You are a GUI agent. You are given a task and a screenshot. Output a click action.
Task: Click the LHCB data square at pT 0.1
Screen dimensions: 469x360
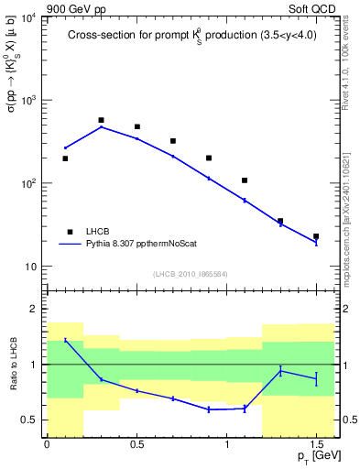(65, 158)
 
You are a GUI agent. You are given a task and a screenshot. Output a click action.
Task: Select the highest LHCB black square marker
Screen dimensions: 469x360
(101, 120)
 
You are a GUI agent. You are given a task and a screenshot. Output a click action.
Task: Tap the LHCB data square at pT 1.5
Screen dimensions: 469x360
(316, 236)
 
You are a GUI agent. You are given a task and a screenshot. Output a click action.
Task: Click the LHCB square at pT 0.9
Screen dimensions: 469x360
(209, 158)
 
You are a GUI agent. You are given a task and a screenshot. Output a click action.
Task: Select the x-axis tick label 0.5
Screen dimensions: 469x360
(136, 445)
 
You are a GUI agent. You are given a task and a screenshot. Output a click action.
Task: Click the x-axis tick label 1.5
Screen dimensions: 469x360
(316, 445)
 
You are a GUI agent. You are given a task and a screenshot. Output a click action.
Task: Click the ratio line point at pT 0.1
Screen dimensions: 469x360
(65, 340)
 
